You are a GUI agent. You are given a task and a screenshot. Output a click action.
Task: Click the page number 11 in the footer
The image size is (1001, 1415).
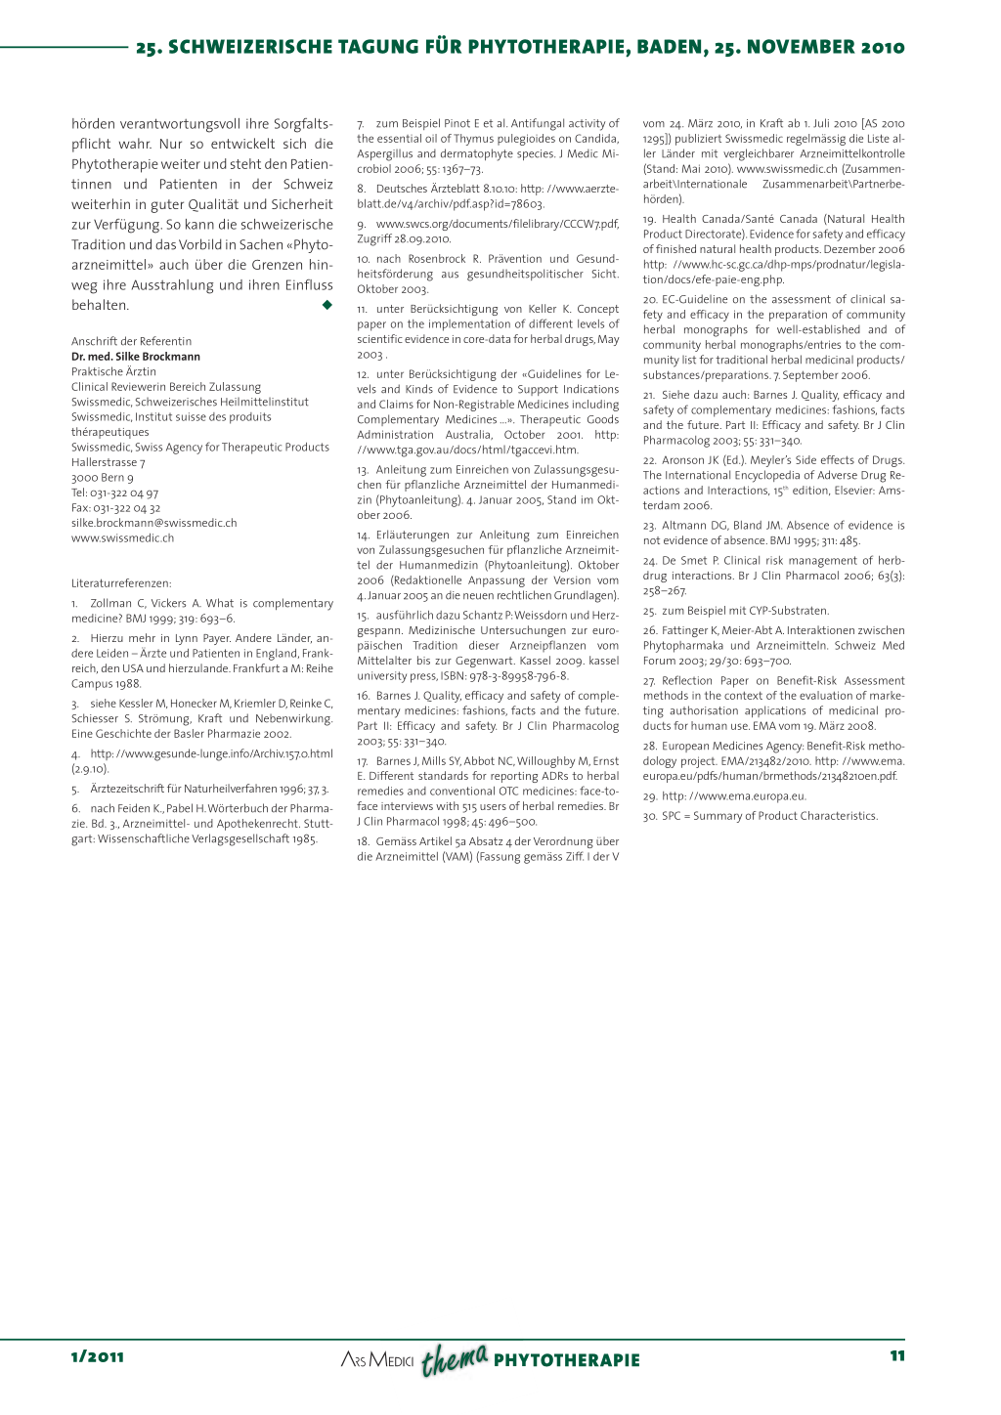click(896, 1355)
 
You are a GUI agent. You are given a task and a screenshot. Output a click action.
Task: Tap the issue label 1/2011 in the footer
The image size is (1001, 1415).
click(98, 1356)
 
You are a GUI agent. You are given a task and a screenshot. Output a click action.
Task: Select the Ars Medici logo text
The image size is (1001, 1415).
click(377, 1360)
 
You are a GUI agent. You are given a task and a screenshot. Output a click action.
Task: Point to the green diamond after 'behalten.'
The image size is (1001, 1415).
click(326, 305)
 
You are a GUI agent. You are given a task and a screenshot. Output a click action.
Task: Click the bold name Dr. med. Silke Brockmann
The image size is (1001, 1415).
click(136, 357)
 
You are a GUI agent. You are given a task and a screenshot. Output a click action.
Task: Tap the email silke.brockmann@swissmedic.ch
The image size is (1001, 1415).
click(153, 523)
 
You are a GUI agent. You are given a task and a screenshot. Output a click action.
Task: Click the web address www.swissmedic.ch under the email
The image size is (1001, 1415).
click(122, 538)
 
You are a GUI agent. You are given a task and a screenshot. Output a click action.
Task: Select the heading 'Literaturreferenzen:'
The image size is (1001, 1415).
click(121, 583)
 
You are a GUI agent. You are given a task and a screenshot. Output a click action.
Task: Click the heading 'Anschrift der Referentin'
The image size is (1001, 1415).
click(131, 341)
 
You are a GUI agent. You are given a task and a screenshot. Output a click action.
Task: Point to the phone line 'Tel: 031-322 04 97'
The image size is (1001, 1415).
click(114, 493)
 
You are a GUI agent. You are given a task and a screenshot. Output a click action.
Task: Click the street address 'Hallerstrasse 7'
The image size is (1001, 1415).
click(108, 462)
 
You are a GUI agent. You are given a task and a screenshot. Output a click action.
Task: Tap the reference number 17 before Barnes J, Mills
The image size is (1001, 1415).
click(363, 761)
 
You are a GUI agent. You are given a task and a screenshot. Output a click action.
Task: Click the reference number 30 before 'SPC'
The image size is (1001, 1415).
click(650, 816)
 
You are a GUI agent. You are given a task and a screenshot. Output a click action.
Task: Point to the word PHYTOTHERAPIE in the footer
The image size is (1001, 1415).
click(567, 1360)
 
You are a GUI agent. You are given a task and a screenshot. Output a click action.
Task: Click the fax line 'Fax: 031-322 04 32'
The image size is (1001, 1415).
click(115, 508)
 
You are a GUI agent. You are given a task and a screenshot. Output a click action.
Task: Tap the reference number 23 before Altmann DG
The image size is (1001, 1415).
click(650, 526)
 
